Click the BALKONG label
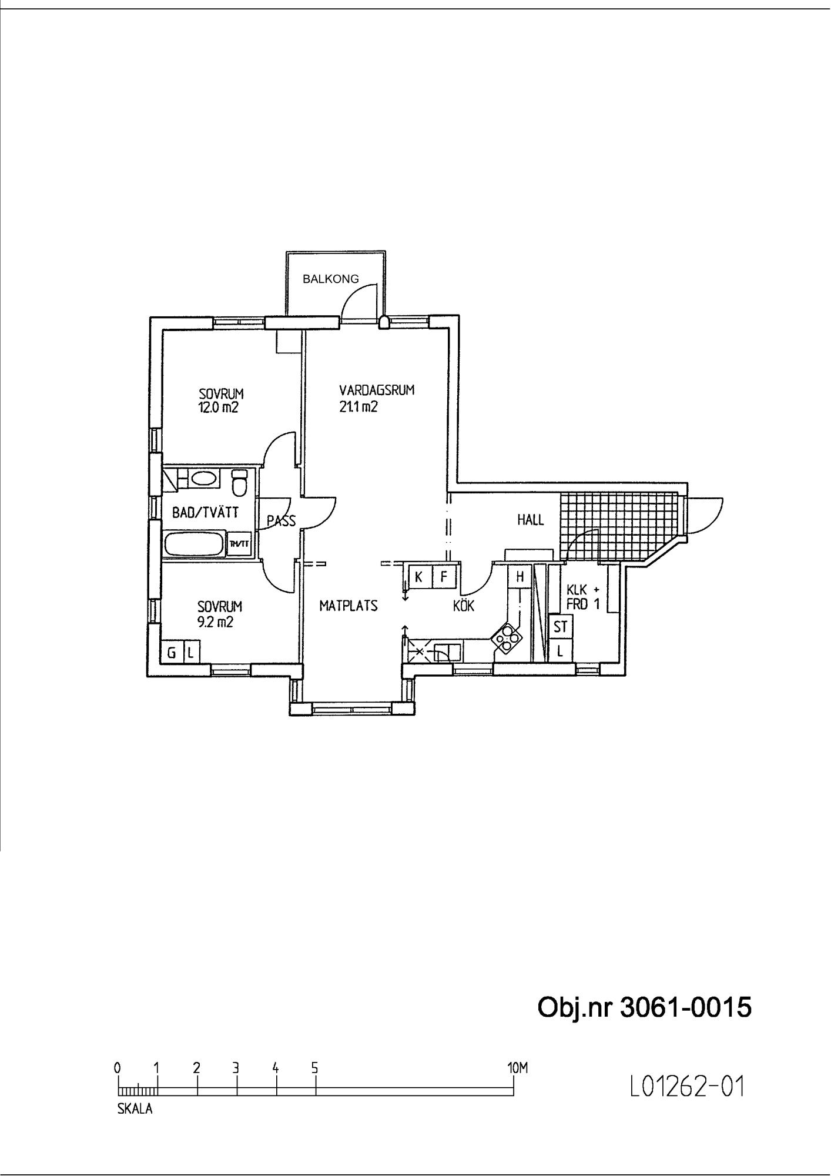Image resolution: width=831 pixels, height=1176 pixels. click(x=330, y=279)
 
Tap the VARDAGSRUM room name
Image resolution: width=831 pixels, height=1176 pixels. click(x=377, y=390)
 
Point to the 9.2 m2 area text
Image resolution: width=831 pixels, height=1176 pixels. click(x=215, y=622)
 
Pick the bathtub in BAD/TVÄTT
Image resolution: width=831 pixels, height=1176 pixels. click(x=195, y=544)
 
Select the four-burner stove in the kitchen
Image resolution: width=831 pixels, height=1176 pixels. click(x=507, y=637)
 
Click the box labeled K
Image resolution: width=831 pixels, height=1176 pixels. click(x=419, y=577)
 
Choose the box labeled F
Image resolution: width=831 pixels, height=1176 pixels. click(x=444, y=577)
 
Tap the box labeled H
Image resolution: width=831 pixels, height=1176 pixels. click(x=520, y=577)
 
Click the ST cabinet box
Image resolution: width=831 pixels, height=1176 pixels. click(x=560, y=627)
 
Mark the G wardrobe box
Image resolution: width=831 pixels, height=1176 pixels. click(x=172, y=652)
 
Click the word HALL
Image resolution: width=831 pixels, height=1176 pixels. click(x=531, y=520)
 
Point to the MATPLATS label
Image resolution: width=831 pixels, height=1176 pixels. click(x=349, y=606)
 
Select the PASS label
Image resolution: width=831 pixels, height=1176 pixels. click(x=281, y=520)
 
